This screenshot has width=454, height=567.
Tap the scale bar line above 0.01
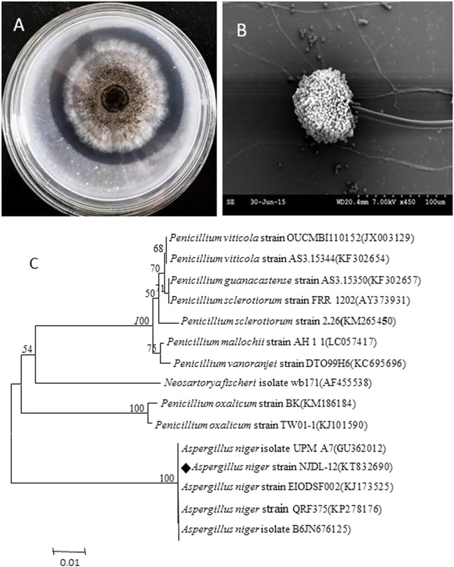click(x=70, y=550)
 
